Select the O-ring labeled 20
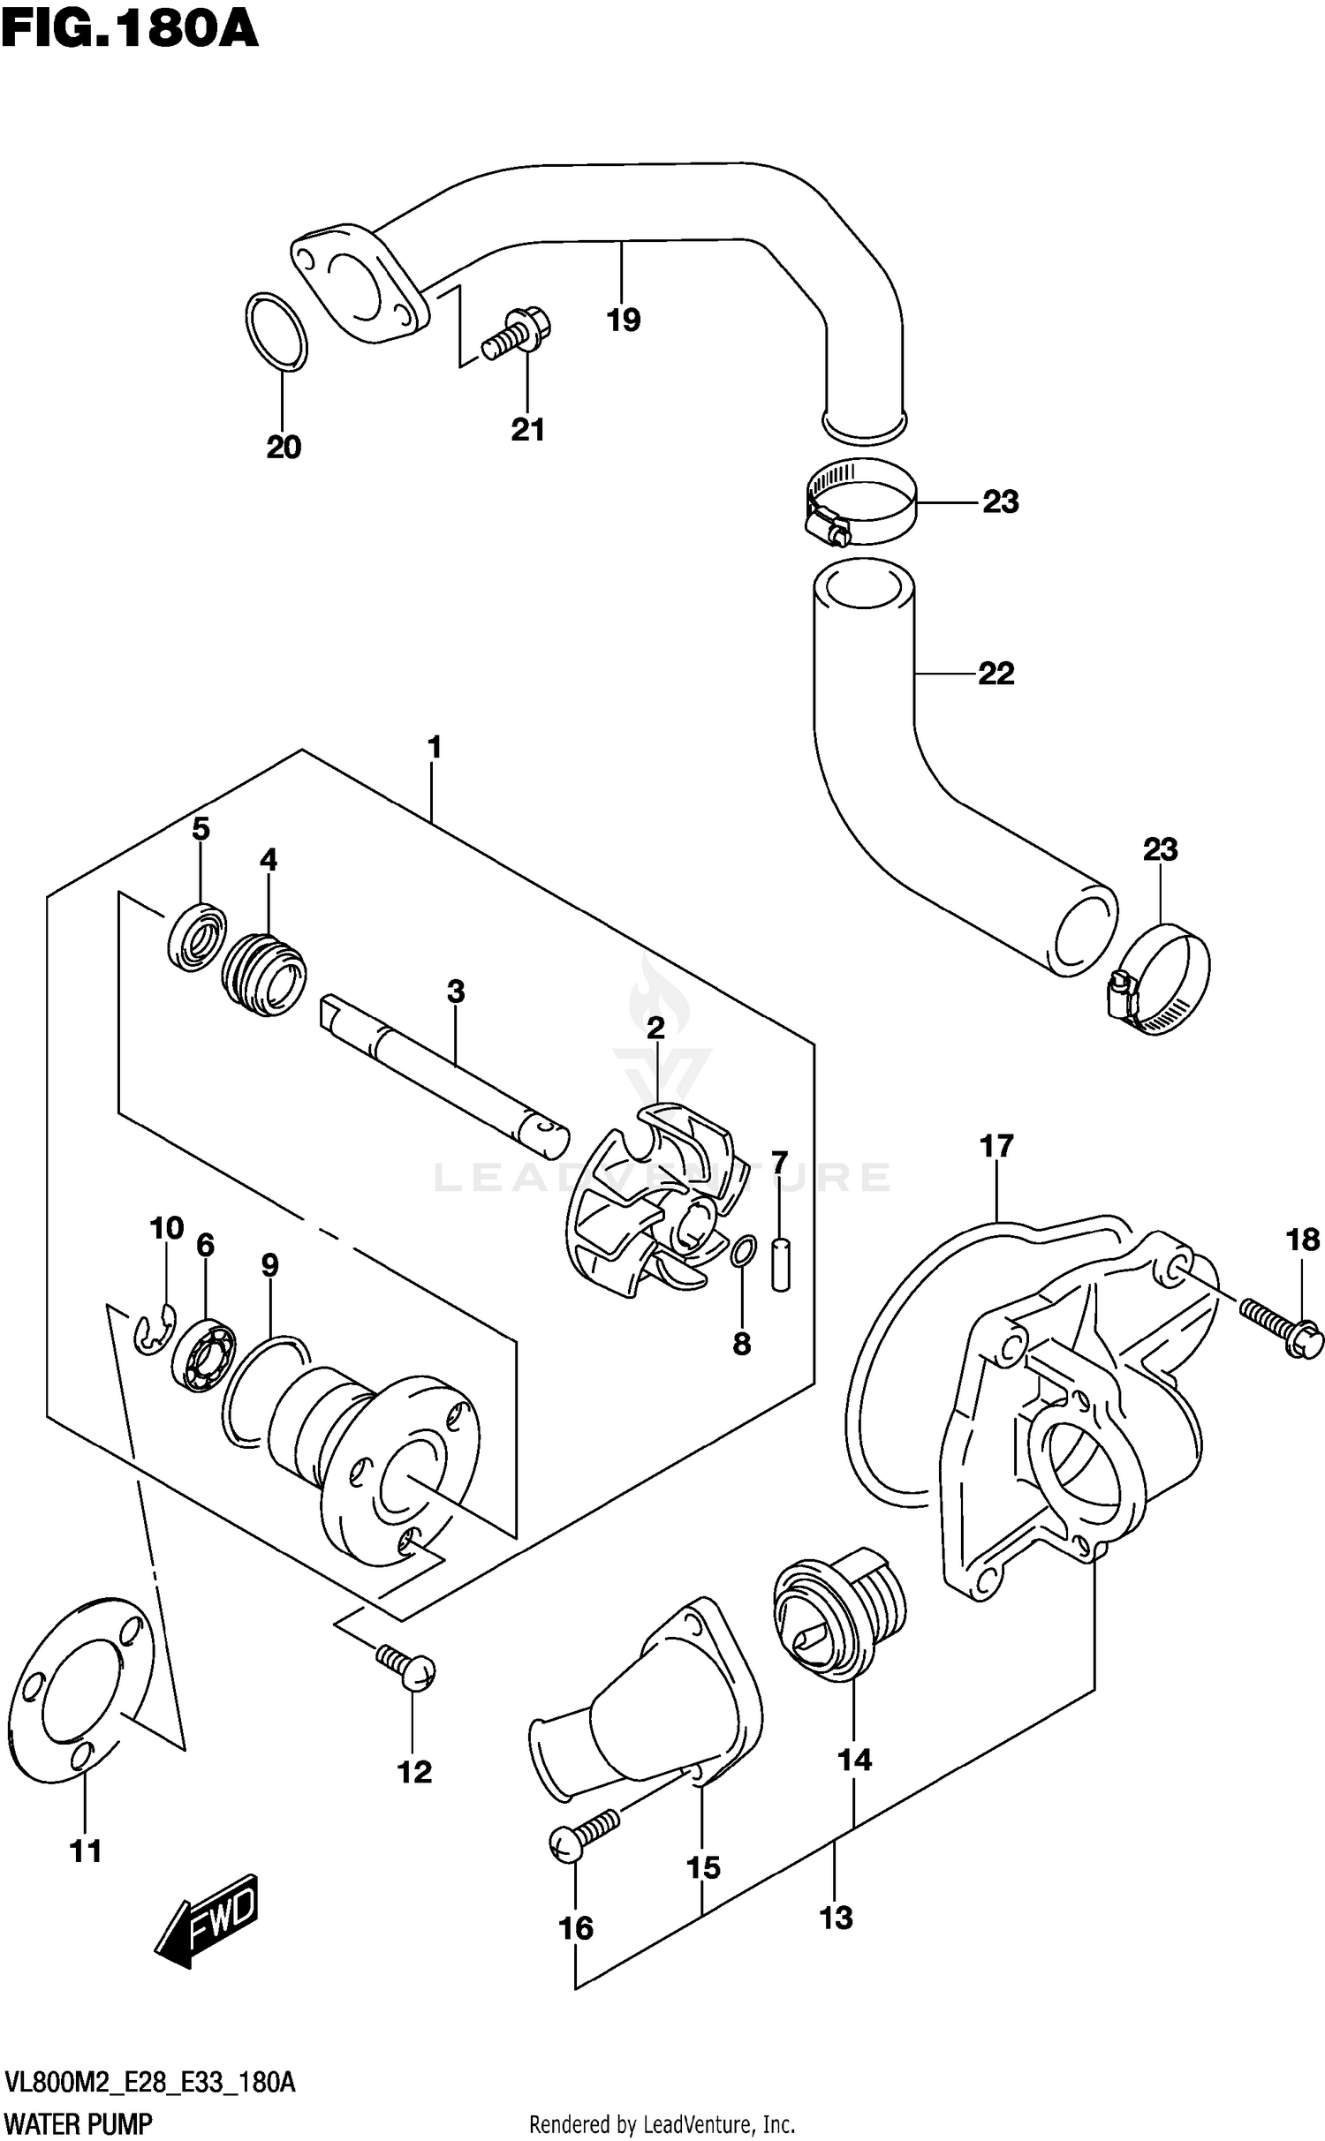(x=276, y=330)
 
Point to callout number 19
(x=623, y=320)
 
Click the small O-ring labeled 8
(x=745, y=1251)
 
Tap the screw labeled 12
(x=405, y=1666)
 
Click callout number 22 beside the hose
(x=996, y=674)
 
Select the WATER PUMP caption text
(x=79, y=2120)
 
